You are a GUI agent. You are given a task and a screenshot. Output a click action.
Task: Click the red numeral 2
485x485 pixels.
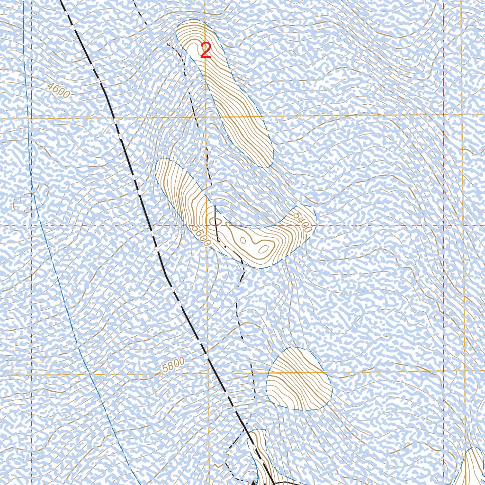(206, 51)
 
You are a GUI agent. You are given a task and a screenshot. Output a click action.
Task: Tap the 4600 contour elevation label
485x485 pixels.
(58, 90)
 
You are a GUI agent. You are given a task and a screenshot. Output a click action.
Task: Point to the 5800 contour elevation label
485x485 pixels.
(173, 366)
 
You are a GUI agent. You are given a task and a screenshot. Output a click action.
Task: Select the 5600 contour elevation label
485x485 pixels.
(201, 234)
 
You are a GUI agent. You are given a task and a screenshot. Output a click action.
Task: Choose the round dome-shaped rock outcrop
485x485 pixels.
(298, 379)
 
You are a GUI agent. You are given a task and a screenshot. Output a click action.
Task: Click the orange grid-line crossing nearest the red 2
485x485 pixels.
(206, 117)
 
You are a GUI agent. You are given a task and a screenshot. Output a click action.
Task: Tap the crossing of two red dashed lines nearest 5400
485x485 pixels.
(444, 225)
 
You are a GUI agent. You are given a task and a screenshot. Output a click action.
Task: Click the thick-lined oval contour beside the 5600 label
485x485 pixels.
(215, 221)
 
